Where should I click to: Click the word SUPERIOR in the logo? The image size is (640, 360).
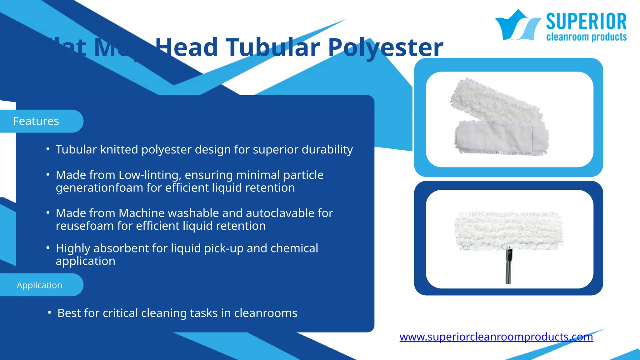click(586, 22)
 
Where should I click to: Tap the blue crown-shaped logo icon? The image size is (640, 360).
click(517, 26)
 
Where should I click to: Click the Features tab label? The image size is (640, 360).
click(36, 121)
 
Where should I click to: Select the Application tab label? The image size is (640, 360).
click(39, 285)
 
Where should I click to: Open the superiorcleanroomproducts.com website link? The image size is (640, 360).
click(496, 337)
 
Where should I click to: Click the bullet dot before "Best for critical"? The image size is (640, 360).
click(49, 312)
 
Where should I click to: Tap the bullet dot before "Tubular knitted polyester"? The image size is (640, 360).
click(48, 149)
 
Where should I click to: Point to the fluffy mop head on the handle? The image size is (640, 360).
click(508, 230)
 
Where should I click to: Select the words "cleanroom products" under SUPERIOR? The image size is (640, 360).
click(586, 37)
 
